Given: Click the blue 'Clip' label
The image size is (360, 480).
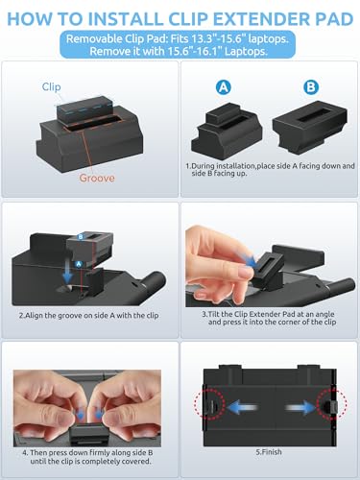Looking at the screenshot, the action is [x=51, y=86].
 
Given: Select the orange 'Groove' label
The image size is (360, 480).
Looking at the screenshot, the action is [x=97, y=178].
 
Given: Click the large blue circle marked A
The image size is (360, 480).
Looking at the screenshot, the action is [x=223, y=87].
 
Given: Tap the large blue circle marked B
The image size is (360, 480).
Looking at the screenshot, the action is [x=311, y=87].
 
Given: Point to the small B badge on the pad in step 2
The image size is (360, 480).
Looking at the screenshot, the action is [x=81, y=237].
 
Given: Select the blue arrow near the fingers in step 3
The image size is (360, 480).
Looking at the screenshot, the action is [x=246, y=258].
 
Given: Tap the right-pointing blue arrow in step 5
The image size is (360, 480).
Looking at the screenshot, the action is [x=300, y=408].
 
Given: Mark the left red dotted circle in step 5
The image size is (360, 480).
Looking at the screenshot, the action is [x=209, y=404].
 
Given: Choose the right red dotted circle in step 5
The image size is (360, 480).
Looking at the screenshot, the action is [x=332, y=404].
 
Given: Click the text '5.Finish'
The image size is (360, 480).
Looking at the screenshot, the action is [x=269, y=452].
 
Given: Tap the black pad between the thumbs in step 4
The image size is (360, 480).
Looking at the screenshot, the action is [x=88, y=434].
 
